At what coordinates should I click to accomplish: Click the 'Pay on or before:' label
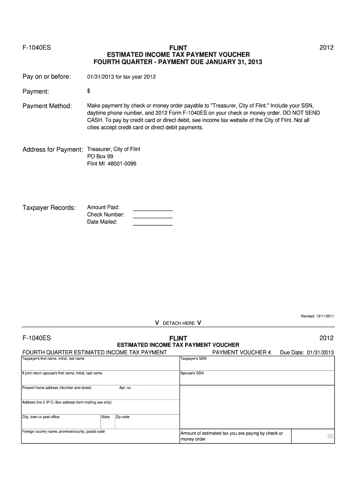point(47,76)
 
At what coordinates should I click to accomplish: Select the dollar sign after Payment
point(89,91)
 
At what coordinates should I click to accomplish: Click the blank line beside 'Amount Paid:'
point(153,210)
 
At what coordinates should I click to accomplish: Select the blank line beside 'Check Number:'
point(153,218)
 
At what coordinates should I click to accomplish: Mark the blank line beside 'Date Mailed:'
point(153,225)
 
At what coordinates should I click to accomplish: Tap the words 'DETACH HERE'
point(179,323)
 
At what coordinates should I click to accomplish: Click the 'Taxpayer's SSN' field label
point(194,359)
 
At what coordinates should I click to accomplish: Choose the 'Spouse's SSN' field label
point(192,373)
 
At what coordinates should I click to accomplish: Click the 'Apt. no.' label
point(125,388)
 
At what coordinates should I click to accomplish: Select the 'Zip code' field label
point(122,417)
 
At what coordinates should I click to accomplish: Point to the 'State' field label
point(106,417)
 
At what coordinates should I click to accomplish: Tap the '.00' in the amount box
point(330,436)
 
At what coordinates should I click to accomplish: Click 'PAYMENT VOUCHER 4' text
point(241,352)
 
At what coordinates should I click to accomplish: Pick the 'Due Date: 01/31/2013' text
point(307,352)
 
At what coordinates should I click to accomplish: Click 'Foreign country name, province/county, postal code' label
point(64,431)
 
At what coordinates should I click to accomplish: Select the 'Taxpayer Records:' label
point(49,207)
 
